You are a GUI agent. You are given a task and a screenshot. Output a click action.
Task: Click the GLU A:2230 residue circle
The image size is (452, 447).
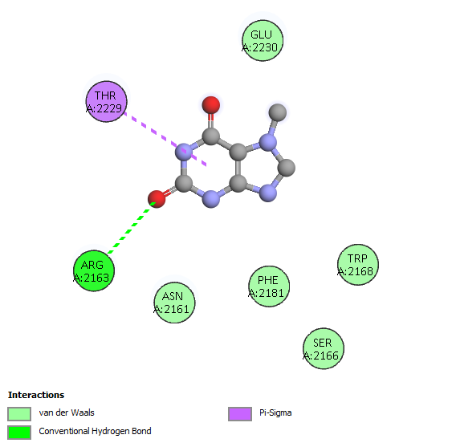263,41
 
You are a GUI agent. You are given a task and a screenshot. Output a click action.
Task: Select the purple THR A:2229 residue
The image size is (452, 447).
106,101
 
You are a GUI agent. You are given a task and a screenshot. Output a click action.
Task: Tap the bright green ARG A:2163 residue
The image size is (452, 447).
94,270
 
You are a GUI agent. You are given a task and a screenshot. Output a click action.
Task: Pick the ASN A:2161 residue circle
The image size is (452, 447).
174,303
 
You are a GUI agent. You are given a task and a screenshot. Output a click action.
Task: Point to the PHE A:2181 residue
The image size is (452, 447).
269,286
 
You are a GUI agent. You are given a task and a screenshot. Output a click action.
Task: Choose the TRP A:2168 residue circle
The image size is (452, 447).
358,265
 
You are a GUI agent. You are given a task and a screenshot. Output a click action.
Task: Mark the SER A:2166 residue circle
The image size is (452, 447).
324,348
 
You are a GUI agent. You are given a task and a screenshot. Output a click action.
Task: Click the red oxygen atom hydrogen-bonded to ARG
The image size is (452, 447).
157,199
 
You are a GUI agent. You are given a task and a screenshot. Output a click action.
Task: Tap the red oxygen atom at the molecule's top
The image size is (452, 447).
211,105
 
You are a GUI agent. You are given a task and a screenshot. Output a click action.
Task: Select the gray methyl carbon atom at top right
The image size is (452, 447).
278,112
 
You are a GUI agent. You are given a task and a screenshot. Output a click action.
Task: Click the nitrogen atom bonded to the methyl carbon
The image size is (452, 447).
268,143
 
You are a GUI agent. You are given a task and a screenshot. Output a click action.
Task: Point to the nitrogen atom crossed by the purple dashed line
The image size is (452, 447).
184,152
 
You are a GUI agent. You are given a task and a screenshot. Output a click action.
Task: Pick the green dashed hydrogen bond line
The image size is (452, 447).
132,228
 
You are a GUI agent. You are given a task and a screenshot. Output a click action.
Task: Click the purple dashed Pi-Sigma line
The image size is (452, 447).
165,139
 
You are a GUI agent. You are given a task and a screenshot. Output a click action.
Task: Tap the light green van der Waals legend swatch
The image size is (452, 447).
19,414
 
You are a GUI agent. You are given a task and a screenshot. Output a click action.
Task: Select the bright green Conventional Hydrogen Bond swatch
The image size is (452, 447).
19,433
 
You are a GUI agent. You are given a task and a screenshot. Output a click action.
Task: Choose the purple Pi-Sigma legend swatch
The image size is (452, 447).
240,414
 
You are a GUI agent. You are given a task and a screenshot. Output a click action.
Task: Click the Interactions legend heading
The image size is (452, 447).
36,395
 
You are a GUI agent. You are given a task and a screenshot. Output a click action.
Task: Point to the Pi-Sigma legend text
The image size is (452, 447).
275,413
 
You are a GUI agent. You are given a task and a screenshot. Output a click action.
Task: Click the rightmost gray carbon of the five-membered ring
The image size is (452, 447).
287,168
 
